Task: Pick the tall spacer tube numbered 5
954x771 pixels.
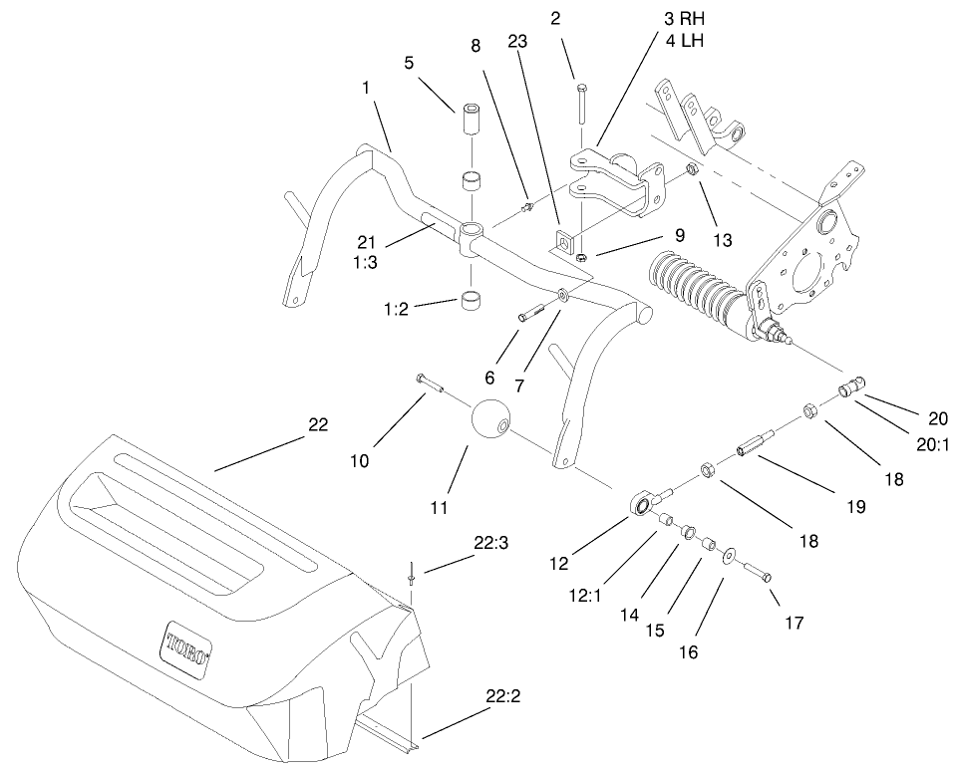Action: tap(471, 120)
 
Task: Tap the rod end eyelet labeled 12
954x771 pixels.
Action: tap(639, 506)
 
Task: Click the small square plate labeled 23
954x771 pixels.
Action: tap(563, 240)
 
